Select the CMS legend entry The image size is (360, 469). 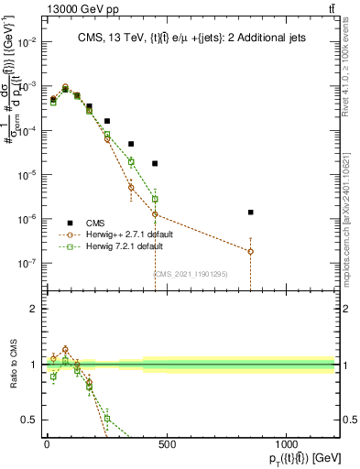click(93, 223)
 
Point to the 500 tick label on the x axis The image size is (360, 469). click(167, 431)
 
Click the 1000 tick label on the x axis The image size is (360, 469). click(287, 431)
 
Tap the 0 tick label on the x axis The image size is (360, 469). click(47, 431)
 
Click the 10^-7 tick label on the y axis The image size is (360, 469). click(27, 263)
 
